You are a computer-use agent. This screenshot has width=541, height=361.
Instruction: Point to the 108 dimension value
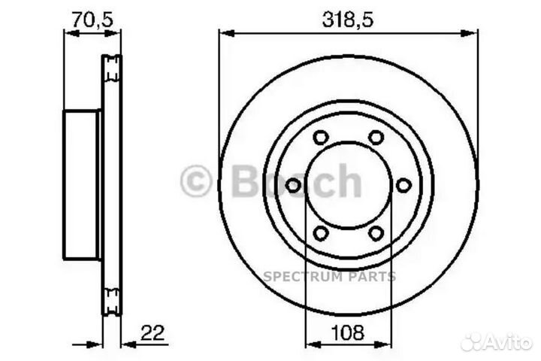(x=348, y=332)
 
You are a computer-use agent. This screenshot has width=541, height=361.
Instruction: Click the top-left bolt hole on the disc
(x=321, y=138)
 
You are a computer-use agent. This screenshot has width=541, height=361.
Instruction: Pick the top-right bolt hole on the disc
(x=376, y=138)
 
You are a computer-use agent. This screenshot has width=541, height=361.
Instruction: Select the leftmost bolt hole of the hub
(x=294, y=185)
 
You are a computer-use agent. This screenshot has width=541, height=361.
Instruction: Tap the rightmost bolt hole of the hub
(x=403, y=185)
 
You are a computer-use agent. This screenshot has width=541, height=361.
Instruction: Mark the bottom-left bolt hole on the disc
(x=321, y=233)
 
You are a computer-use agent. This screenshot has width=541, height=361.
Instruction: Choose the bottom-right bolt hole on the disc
(x=376, y=233)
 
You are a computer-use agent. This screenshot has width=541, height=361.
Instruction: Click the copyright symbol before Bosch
(x=196, y=182)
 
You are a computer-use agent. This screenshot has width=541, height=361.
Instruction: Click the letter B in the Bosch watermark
(x=247, y=181)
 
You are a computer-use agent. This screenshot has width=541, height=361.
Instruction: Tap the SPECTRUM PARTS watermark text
(x=329, y=277)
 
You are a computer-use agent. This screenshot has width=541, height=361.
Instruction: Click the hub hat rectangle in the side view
(x=81, y=185)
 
